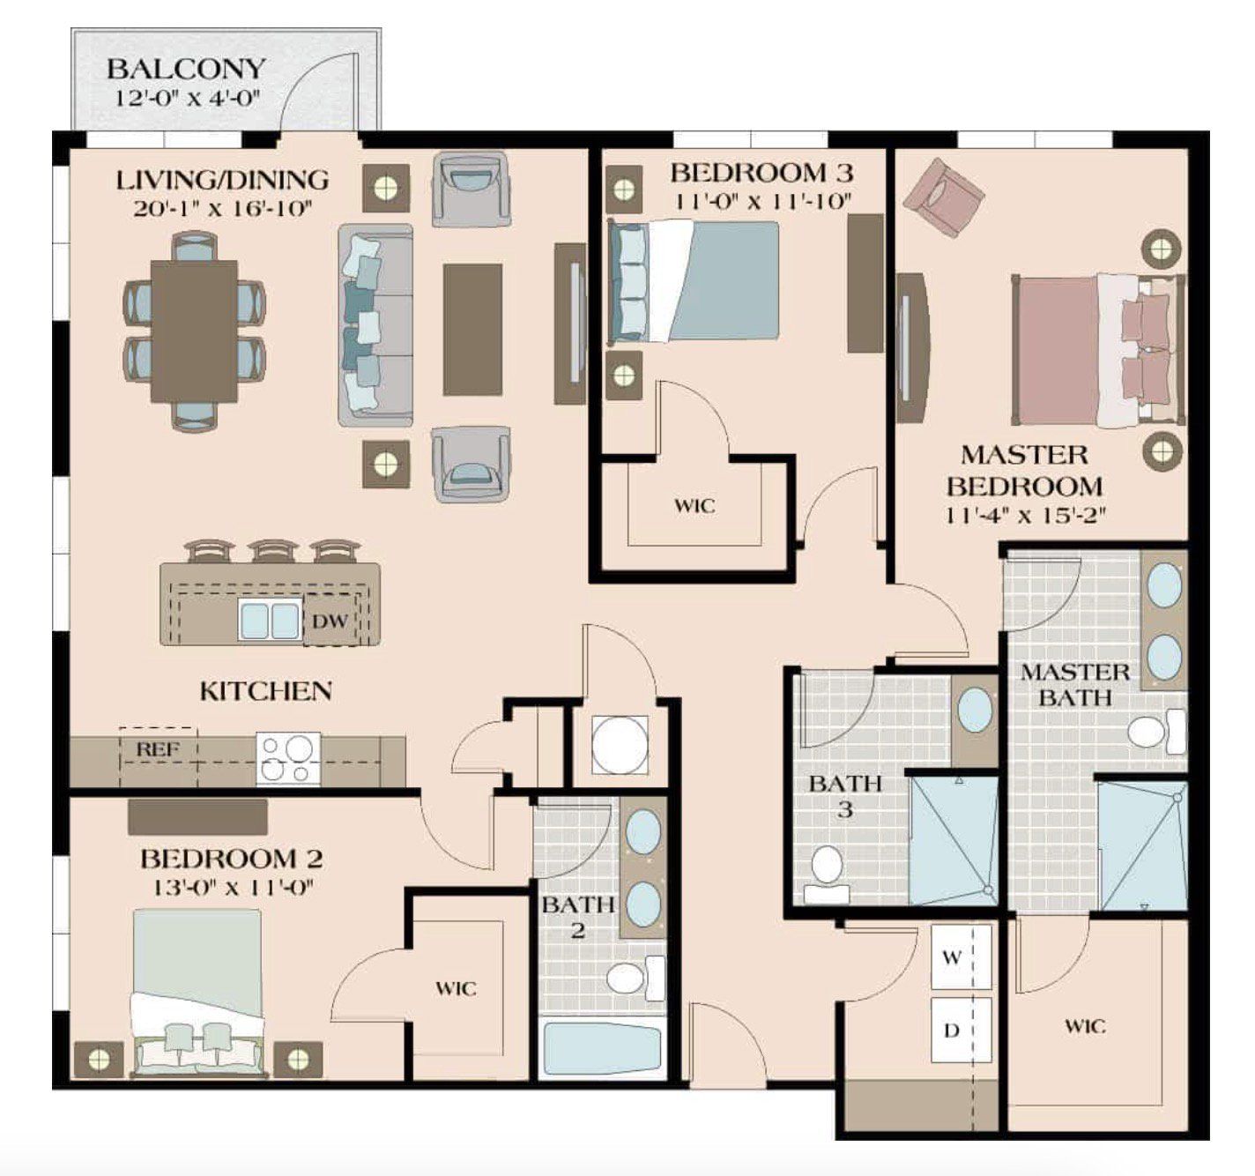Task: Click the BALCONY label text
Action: (185, 69)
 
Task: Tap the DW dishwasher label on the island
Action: (330, 621)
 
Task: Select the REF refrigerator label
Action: (158, 750)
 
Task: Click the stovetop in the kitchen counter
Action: (288, 759)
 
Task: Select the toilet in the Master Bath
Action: (1157, 732)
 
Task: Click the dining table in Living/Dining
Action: (194, 331)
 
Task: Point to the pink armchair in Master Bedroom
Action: (944, 197)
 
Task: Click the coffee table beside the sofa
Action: (472, 330)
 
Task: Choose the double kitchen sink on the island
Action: (269, 621)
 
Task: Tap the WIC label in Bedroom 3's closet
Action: (694, 506)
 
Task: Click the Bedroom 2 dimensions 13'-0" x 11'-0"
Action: (234, 889)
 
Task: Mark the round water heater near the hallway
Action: (620, 746)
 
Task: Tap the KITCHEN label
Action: (266, 691)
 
